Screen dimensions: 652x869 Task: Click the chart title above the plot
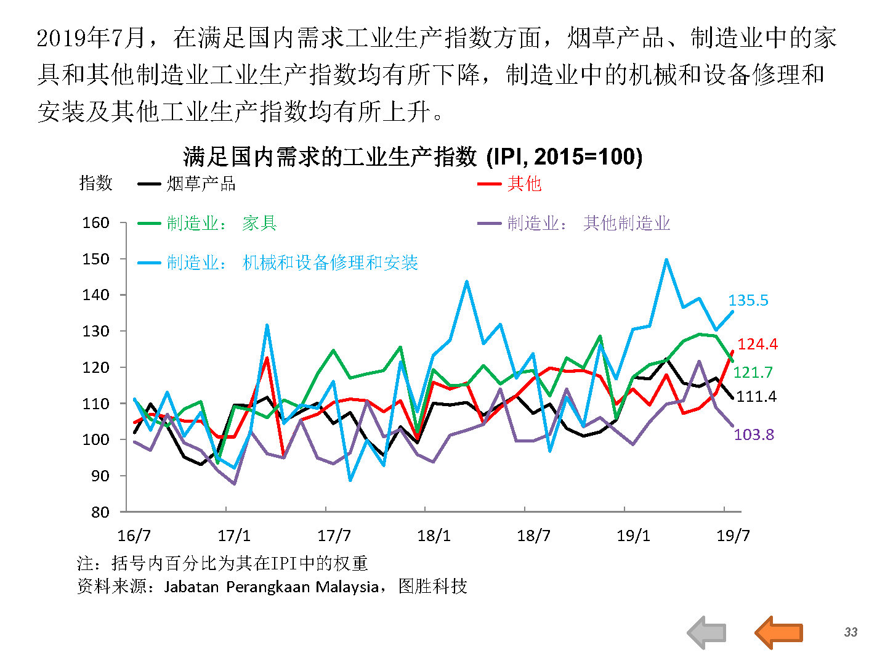[x=413, y=157]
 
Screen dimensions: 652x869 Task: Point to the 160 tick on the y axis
[x=95, y=222]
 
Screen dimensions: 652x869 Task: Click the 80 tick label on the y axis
[x=100, y=512]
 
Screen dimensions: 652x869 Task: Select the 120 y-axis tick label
[x=95, y=367]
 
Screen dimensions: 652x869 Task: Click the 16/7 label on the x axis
[x=134, y=536]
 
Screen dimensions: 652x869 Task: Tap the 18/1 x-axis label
[x=434, y=536]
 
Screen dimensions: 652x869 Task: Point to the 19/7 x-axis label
[x=733, y=536]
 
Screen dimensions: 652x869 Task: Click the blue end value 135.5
[x=748, y=300]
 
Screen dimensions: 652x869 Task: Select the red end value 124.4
[x=758, y=344]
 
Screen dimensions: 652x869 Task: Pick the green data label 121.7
[x=753, y=372]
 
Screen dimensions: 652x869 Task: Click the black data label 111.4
[x=756, y=397]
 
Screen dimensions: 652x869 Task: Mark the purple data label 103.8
[x=754, y=434]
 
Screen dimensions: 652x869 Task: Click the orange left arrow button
[x=778, y=632]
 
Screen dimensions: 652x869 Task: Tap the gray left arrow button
[x=706, y=632]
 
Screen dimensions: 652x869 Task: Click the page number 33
[x=851, y=632]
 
